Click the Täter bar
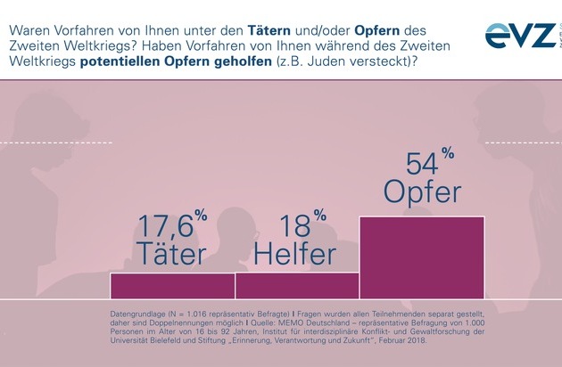pyautogui.click(x=172, y=285)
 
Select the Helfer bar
pyautogui.click(x=297, y=285)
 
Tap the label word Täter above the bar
pyautogui.click(x=170, y=253)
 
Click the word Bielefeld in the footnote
pyautogui.click(x=166, y=340)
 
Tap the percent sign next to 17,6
pyautogui.click(x=202, y=216)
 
